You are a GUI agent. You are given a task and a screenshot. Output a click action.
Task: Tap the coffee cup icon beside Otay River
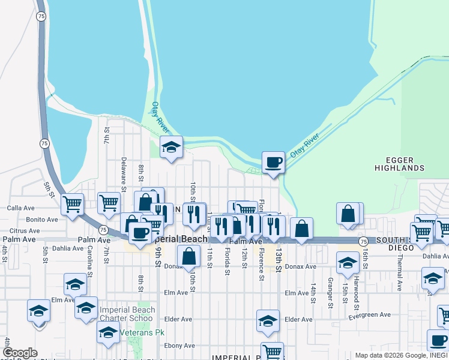tap(273, 162)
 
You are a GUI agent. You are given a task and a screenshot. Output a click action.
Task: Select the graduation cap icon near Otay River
tap(171, 147)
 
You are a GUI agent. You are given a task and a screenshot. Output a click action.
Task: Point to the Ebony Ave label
tap(180, 346)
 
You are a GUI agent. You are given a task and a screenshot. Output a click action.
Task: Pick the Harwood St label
tap(355, 288)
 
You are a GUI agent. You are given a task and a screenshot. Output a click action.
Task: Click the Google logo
tap(20, 353)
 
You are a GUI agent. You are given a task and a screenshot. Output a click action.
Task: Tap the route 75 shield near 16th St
tap(363, 241)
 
